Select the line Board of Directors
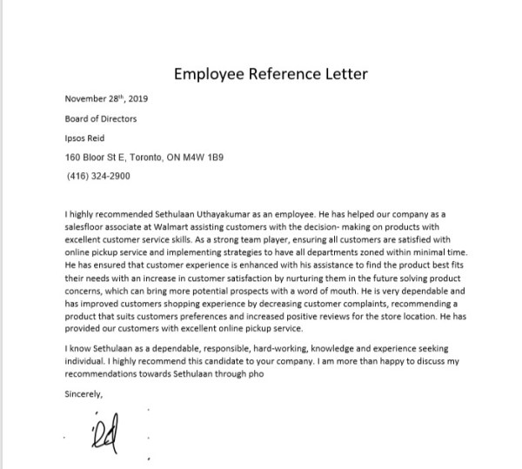101,118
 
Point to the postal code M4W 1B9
204,157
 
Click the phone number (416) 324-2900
98,176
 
